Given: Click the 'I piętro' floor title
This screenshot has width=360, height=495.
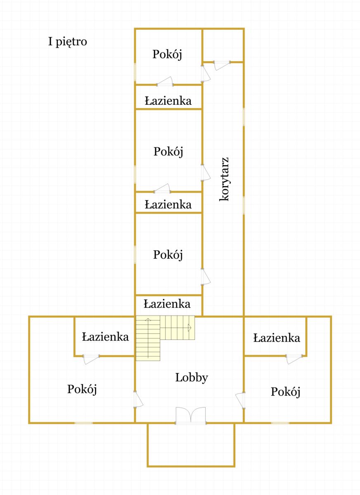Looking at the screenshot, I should [x=67, y=42].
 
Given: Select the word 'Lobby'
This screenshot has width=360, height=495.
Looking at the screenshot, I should [x=192, y=377].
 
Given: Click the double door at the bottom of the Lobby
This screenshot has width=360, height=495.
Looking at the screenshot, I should [x=191, y=416].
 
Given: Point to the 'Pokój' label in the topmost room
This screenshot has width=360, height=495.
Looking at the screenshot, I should [x=167, y=54].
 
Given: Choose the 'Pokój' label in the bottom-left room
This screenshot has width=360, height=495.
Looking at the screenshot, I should [x=83, y=389].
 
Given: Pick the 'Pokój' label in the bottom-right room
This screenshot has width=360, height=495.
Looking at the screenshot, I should [x=285, y=391].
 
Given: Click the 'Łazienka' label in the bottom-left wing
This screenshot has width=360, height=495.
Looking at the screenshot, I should [x=105, y=337].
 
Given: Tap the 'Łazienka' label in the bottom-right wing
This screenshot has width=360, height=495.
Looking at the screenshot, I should [x=276, y=338].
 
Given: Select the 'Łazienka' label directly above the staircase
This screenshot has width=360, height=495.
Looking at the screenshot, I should [x=167, y=304].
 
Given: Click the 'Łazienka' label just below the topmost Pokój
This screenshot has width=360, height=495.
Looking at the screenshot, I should [x=168, y=101].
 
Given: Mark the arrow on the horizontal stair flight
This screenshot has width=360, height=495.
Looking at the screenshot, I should [x=189, y=328].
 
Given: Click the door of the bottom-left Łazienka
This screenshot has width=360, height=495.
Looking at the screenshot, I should [x=91, y=359].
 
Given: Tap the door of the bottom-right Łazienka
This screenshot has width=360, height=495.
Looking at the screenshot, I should [x=294, y=359].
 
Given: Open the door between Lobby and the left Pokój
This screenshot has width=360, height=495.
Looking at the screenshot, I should [x=138, y=399].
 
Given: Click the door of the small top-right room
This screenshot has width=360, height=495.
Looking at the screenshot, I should [x=222, y=65].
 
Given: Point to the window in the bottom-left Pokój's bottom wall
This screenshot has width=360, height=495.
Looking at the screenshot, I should [x=83, y=422].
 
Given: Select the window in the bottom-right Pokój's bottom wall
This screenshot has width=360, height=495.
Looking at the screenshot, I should [x=280, y=422].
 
